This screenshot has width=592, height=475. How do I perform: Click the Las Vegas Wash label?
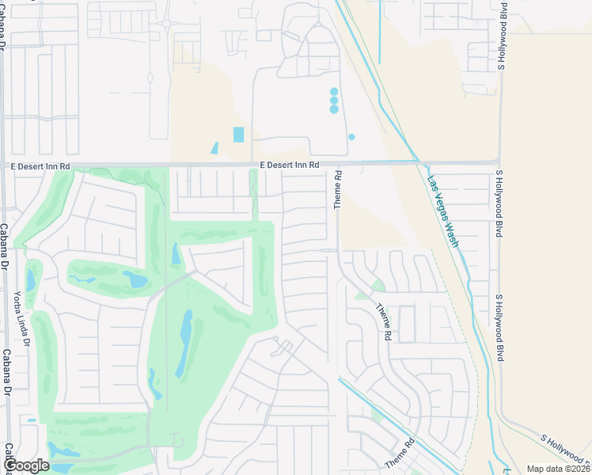(443, 211)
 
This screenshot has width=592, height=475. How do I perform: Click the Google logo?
(26, 465)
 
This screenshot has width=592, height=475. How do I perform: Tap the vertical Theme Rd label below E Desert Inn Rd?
(337, 190)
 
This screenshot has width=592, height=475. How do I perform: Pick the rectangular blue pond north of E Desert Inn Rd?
(238, 135)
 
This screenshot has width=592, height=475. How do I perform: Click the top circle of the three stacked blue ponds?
(334, 92)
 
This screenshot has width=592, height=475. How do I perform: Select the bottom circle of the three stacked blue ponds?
(334, 109)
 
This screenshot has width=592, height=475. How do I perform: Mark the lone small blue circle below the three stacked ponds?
(351, 137)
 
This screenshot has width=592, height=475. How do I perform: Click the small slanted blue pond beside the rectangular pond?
(214, 148)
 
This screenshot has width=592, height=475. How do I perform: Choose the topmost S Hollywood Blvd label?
(501, 36)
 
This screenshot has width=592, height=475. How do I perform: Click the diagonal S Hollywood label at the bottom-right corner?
(566, 449)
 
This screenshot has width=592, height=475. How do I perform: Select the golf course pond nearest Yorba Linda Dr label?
(31, 279)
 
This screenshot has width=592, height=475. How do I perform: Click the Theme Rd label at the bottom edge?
(400, 453)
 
